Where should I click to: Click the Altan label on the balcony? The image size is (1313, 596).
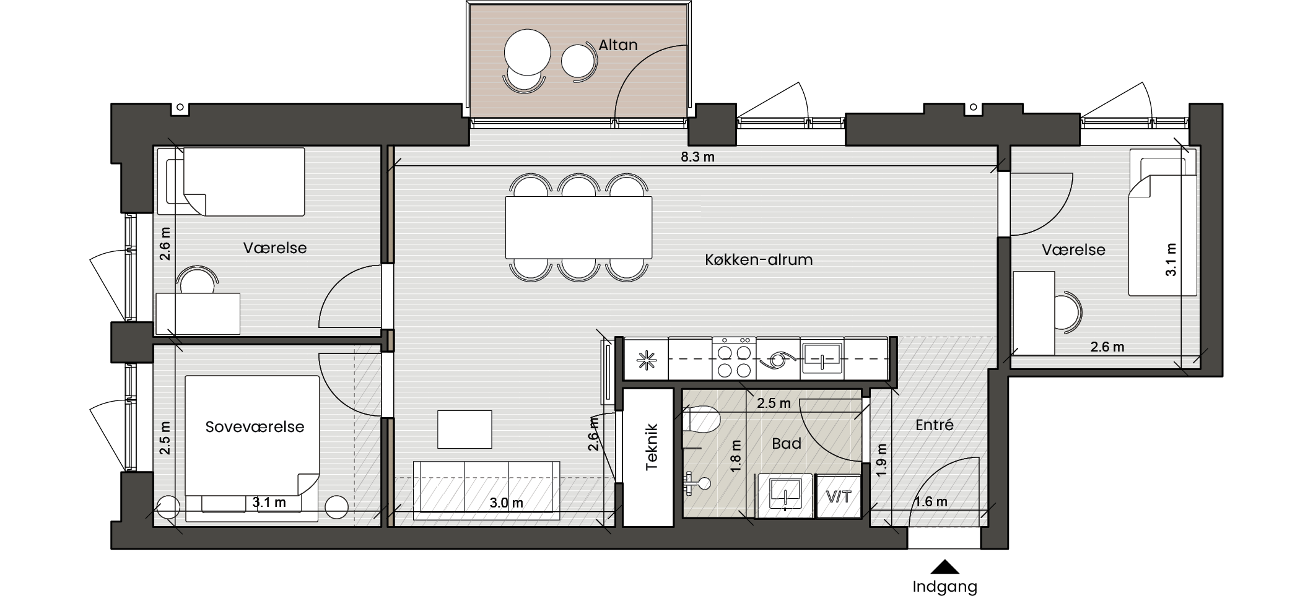coord(617,45)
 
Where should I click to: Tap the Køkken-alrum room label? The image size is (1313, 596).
coord(759,259)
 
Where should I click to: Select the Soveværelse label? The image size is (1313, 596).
coord(255,426)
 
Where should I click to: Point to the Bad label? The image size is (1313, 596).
coord(787,443)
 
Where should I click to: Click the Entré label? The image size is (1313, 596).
coord(934,425)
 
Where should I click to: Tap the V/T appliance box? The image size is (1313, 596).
coord(839,496)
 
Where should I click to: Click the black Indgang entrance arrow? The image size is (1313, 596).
coord(944,567)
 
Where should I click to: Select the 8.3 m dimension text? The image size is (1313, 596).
coord(697,157)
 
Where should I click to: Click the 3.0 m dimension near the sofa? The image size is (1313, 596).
coord(506,503)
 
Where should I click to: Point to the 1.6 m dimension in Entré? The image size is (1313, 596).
coord(930,501)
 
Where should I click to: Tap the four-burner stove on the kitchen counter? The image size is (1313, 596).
coord(734,358)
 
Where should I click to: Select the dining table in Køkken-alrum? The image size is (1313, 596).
coord(578,227)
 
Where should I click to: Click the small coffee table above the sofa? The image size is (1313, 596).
coord(465,429)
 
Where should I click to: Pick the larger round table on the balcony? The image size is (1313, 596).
coord(527,52)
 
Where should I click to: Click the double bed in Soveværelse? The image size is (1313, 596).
coord(252,448)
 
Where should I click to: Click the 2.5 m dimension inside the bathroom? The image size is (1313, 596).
coord(774,403)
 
